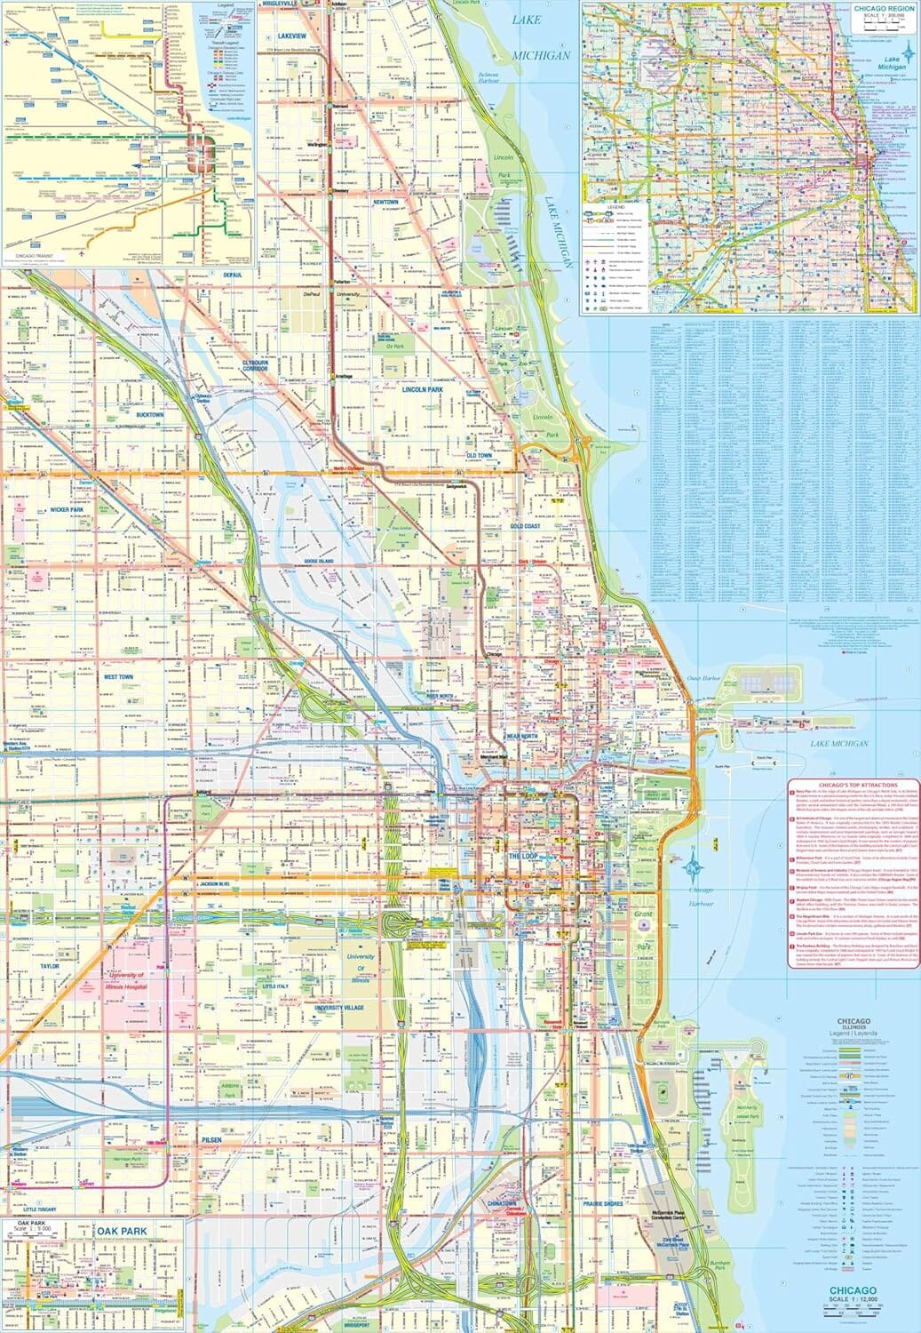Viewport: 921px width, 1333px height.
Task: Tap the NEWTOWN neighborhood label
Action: click(x=385, y=203)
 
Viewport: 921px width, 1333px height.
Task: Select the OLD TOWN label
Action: click(x=479, y=456)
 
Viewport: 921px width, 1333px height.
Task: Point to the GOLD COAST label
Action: click(x=525, y=526)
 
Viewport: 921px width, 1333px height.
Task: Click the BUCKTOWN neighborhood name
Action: click(x=149, y=415)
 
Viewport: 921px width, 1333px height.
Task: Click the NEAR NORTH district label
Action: click(x=522, y=737)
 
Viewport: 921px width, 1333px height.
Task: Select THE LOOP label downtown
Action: click(x=523, y=856)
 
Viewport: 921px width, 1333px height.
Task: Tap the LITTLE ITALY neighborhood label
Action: click(x=275, y=986)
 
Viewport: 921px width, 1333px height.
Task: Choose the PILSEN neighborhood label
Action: click(x=210, y=1139)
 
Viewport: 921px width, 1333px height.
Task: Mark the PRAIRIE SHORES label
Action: click(x=603, y=1204)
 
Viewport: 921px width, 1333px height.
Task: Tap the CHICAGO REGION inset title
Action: click(x=884, y=8)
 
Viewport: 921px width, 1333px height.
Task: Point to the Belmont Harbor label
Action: click(x=488, y=78)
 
